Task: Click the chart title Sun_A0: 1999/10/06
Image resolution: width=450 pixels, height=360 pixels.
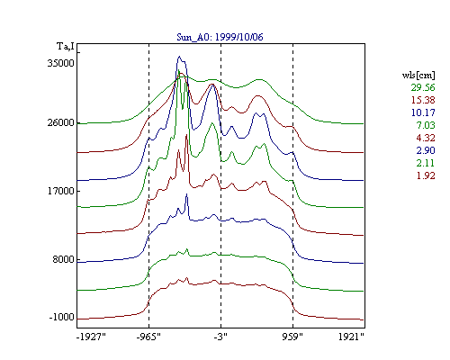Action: (220, 37)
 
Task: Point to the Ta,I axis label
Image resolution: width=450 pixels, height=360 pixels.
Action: (66, 46)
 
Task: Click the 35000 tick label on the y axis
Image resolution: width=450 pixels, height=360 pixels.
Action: (61, 63)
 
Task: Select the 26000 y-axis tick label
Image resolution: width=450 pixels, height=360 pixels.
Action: (61, 122)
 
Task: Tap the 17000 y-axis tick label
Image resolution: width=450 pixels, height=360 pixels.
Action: (61, 191)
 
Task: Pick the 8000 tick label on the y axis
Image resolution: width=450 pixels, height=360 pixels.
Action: (64, 259)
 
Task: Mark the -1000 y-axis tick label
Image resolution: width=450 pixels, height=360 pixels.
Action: (62, 317)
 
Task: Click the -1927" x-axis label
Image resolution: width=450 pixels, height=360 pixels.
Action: (92, 337)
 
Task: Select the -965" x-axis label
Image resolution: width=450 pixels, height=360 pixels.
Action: (148, 337)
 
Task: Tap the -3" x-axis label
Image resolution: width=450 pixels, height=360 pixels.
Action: (220, 337)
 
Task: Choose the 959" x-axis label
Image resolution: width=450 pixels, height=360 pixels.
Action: (292, 337)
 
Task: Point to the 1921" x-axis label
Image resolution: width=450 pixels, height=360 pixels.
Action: (351, 337)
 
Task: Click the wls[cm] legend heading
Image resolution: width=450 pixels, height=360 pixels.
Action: (418, 76)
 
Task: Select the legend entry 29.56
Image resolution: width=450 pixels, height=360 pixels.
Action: (423, 87)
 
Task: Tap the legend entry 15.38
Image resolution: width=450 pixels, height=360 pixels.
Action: (423, 100)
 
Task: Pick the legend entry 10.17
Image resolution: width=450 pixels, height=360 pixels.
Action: (423, 112)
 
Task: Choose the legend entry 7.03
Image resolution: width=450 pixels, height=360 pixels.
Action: (426, 125)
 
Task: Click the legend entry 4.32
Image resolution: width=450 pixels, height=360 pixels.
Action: (426, 138)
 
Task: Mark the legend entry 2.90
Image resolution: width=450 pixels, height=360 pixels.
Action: (426, 150)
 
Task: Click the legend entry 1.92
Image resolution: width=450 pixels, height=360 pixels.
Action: (426, 175)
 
